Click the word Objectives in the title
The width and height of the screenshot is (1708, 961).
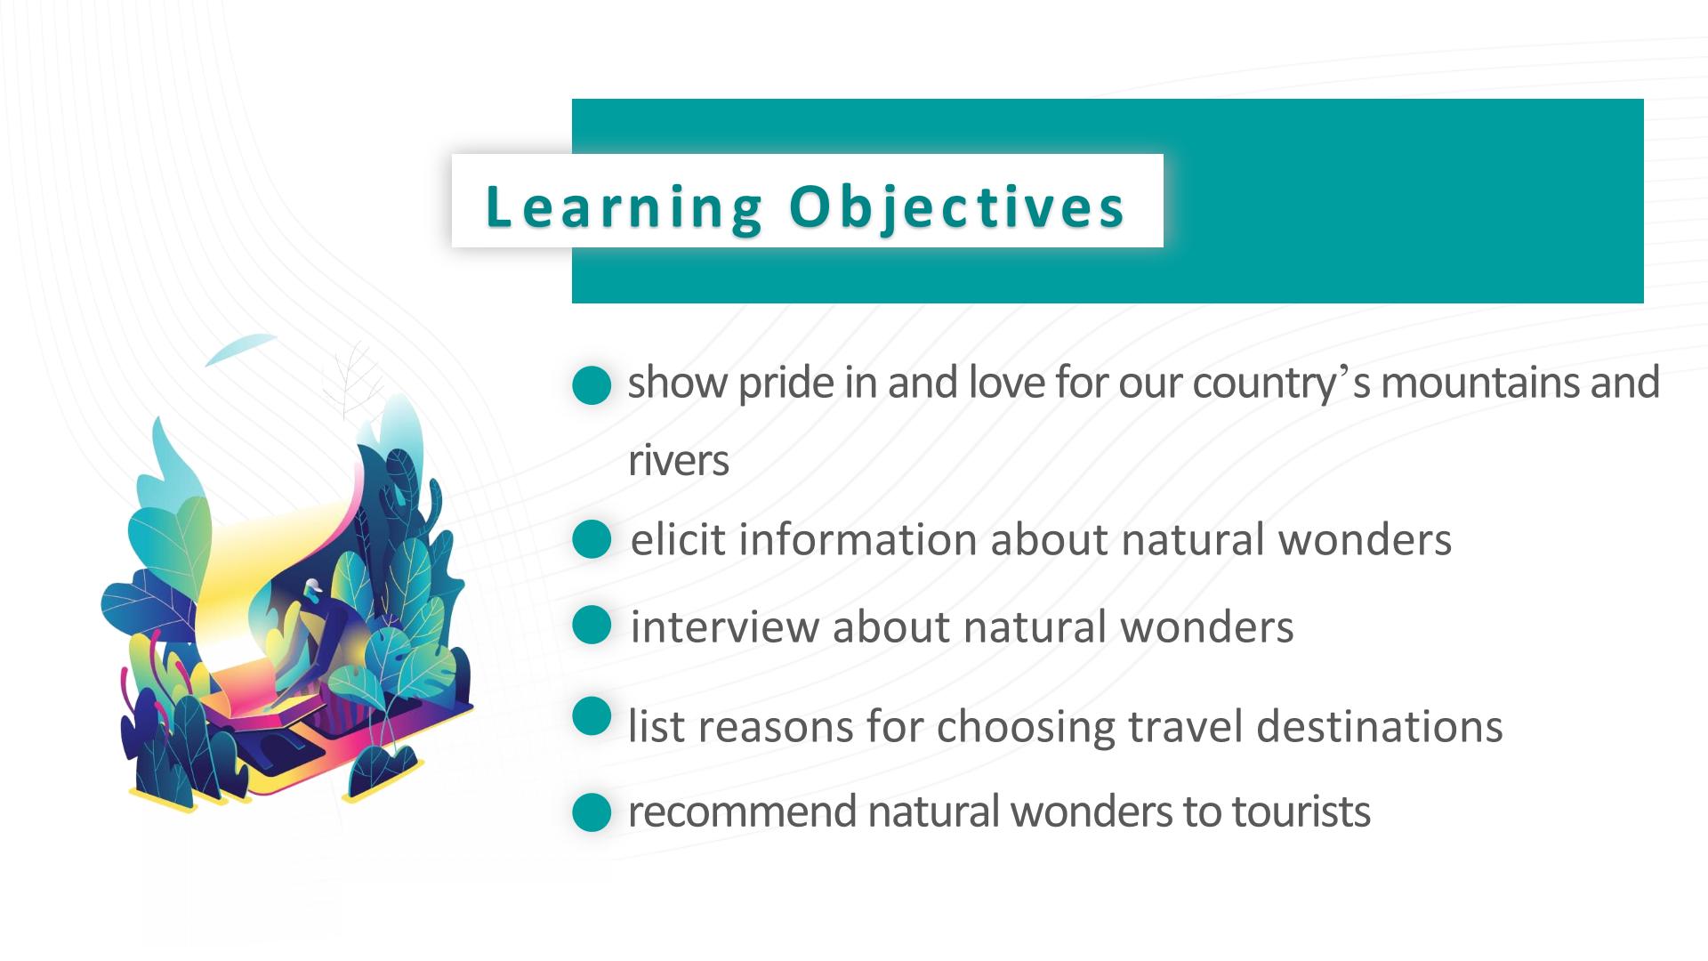pyautogui.click(x=957, y=208)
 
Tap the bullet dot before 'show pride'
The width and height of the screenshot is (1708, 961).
pyautogui.click(x=592, y=386)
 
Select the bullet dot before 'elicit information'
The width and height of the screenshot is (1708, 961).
pyautogui.click(x=592, y=539)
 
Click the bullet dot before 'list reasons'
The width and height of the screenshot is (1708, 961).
pyautogui.click(x=592, y=716)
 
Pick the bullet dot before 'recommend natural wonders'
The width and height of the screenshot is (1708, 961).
pyautogui.click(x=592, y=812)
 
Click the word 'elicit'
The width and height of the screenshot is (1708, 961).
pyautogui.click(x=679, y=539)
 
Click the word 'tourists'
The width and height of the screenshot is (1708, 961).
pyautogui.click(x=1301, y=812)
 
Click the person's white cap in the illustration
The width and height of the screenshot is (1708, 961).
pyautogui.click(x=311, y=586)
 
